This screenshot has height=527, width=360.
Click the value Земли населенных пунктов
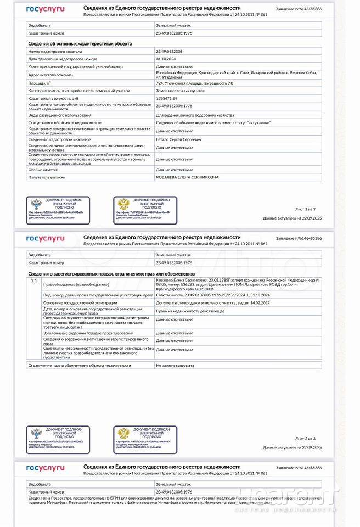coord(181,91)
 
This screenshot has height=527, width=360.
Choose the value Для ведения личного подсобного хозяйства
coord(195,115)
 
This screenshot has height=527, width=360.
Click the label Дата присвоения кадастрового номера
coord(63,58)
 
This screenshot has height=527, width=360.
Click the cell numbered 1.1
coord(34,281)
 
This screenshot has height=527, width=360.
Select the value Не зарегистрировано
coord(175,365)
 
